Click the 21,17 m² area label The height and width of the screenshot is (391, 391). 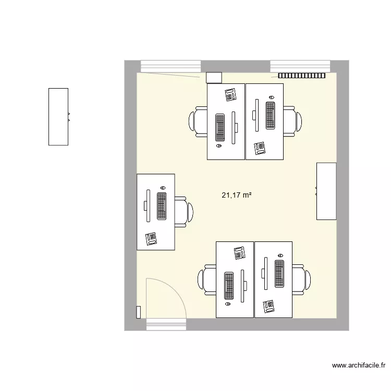(x=237, y=195)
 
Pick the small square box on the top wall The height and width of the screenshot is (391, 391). (x=214, y=77)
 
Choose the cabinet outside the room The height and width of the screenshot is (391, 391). (x=58, y=117)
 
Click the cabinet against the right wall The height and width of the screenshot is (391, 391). (x=326, y=191)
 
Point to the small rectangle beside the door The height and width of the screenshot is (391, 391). (x=138, y=312)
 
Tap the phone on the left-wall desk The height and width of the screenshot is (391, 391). (x=152, y=238)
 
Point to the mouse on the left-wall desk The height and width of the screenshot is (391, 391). (x=163, y=188)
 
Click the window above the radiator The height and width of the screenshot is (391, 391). (x=300, y=66)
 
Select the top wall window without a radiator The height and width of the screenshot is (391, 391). (x=170, y=66)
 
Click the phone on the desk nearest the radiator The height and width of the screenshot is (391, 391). (x=260, y=149)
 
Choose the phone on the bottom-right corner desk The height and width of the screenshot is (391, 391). (x=269, y=306)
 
